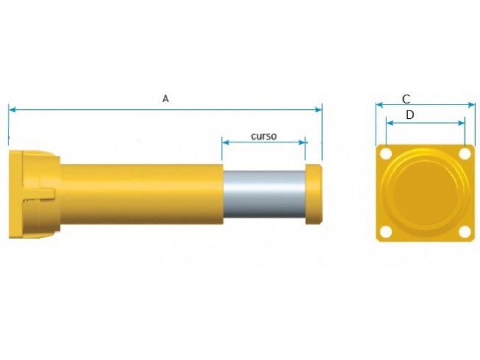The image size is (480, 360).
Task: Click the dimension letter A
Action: tap(166, 98)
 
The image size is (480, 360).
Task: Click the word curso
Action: tap(263, 136)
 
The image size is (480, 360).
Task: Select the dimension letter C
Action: tap(406, 99)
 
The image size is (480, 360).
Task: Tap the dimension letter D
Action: tap(410, 115)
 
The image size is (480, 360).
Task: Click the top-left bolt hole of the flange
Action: tap(386, 154)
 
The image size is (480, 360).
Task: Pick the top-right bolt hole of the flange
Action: tap(465, 154)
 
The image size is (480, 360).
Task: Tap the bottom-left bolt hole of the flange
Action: tap(386, 232)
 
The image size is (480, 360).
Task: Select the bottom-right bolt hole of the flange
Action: tap(465, 232)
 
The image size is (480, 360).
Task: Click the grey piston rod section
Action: tap(264, 194)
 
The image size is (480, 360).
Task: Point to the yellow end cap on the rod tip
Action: tap(314, 194)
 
